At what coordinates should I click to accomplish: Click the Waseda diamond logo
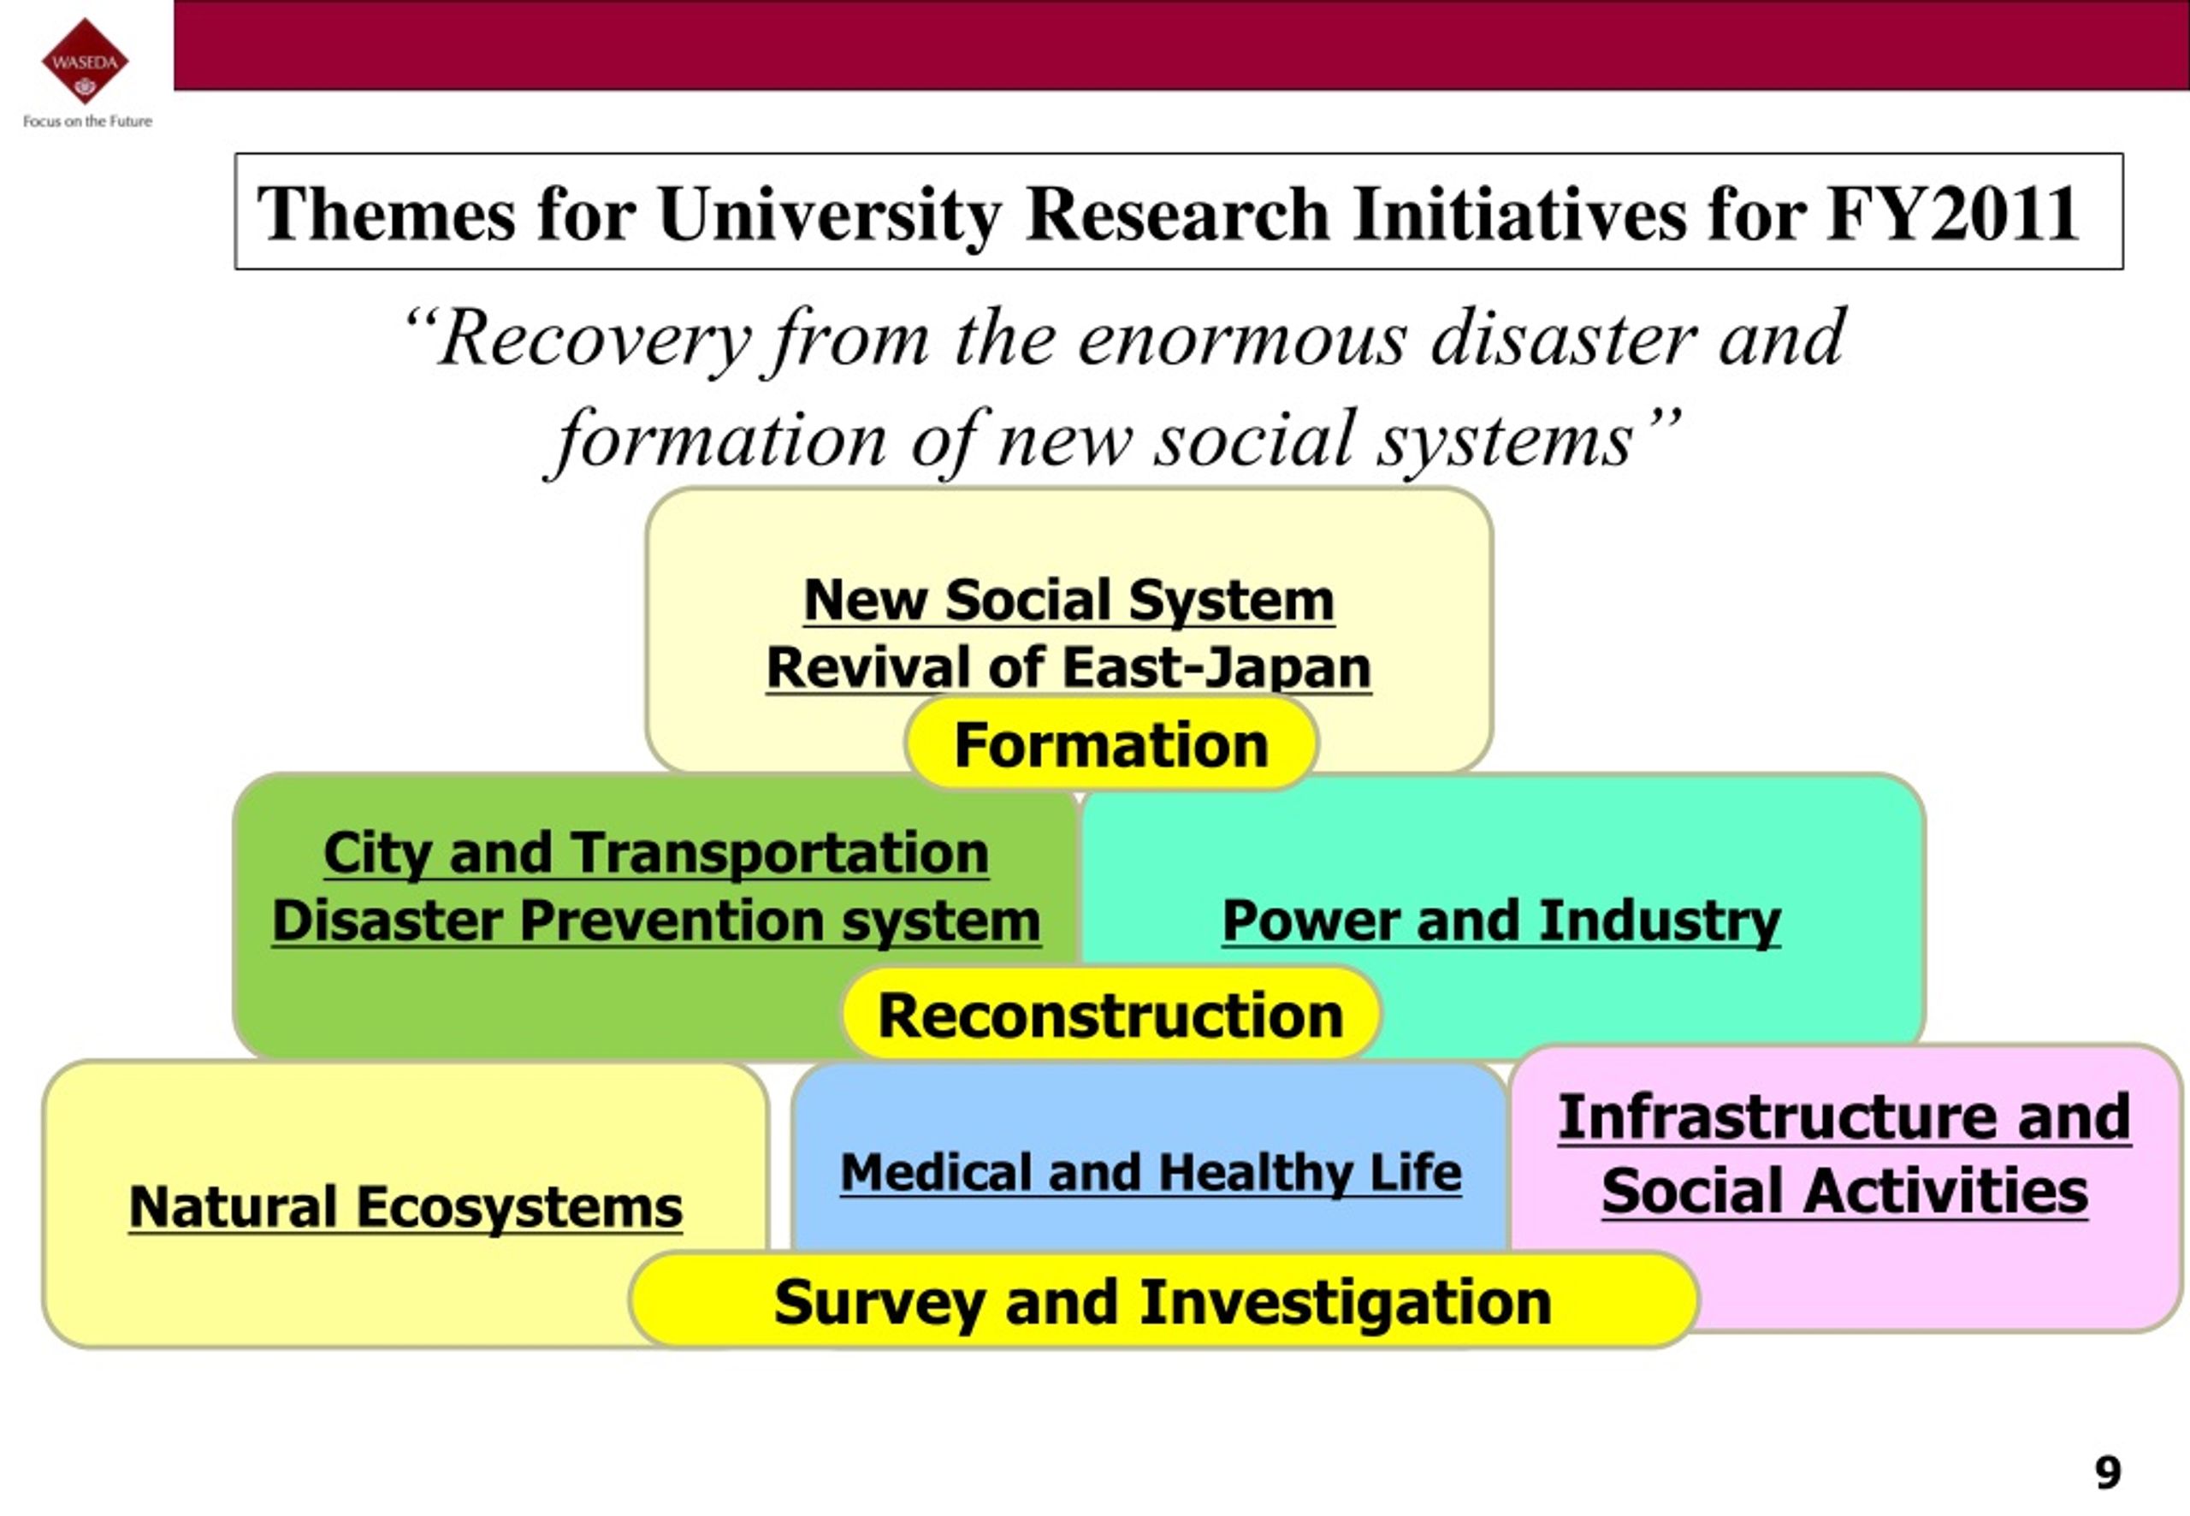tap(85, 61)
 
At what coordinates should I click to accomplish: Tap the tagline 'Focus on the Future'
tap(87, 121)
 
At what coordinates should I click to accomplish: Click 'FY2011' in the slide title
tap(1952, 214)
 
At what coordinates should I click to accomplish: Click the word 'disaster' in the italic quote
tap(1563, 338)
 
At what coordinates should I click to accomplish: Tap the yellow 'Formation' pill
tap(1111, 743)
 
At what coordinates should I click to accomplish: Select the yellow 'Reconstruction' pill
tap(1110, 1015)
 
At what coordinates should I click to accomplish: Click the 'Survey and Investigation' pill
tap(1163, 1300)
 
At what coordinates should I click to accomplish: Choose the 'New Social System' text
tap(1068, 601)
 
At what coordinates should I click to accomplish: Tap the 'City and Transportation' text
tap(656, 852)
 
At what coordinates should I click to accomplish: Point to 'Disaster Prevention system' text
tap(656, 921)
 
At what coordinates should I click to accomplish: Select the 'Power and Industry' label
tap(1501, 921)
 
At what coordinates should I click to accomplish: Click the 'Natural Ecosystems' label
tap(405, 1207)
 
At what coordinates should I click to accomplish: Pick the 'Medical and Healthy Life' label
tap(1151, 1172)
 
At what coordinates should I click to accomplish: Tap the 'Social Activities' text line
tap(1844, 1191)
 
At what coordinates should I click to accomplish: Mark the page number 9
tap(2107, 1473)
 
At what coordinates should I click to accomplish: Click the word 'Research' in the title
tap(1178, 214)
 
